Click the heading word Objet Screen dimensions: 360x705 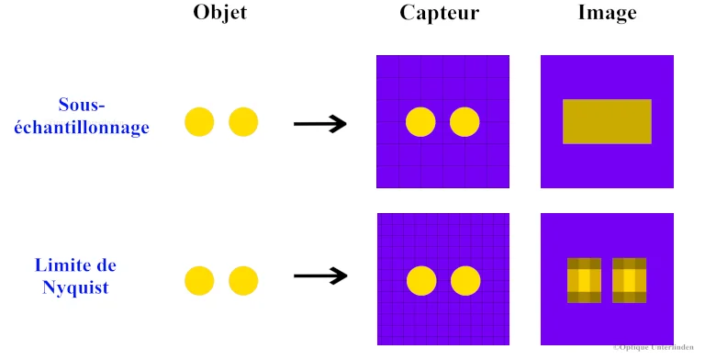tap(220, 13)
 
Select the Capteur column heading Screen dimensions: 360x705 tap(440, 13)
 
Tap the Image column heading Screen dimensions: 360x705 tap(607, 13)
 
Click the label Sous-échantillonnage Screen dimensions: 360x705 tap(103, 117)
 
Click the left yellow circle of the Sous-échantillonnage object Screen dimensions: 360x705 tap(199, 122)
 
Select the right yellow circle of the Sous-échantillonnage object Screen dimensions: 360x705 tap(243, 122)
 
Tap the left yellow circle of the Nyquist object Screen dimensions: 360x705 tap(199, 281)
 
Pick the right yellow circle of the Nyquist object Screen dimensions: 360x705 tap(243, 281)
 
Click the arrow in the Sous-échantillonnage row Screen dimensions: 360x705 tap(319, 123)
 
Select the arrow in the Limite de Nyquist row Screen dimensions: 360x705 tap(319, 275)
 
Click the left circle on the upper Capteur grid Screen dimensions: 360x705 tap(420, 122)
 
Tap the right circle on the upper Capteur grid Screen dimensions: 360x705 tap(464, 122)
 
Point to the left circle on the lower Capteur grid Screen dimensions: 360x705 tap(421, 281)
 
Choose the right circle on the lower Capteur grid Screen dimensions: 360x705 tap(465, 281)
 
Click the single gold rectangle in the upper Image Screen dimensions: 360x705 tap(607, 121)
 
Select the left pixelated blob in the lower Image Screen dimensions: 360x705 tap(584, 280)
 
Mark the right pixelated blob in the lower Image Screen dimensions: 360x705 tap(630, 280)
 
